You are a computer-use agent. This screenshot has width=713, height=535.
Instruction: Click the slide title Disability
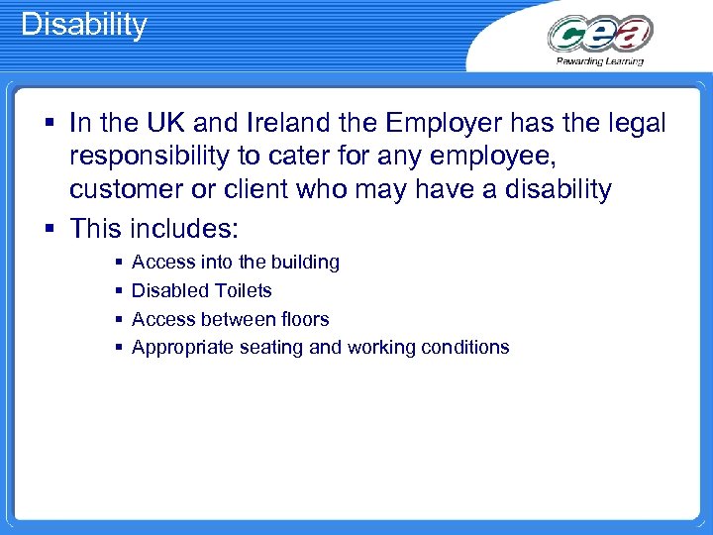[84, 24]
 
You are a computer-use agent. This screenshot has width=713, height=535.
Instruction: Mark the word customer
[132, 189]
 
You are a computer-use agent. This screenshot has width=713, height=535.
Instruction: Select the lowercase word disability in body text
[548, 189]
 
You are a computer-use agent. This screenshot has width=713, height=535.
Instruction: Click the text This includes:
[153, 228]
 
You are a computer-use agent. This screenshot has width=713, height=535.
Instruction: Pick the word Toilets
[240, 290]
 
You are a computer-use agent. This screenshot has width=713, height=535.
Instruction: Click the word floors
[303, 319]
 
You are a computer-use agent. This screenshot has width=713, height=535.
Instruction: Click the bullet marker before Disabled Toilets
[119, 291]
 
